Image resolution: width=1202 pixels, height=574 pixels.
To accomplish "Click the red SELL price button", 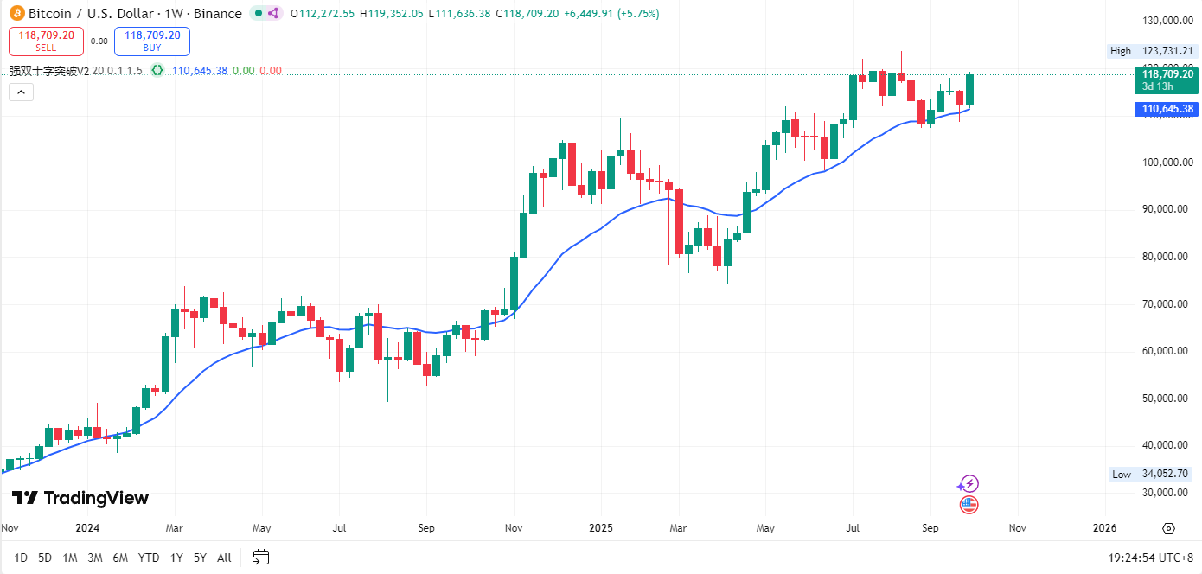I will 46,41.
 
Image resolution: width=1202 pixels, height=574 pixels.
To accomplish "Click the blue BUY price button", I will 152,41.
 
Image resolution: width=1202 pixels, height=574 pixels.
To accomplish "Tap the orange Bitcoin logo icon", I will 16,13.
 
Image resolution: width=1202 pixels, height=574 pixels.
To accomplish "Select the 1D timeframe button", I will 21,558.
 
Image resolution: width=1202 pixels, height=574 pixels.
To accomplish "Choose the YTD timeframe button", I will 149,558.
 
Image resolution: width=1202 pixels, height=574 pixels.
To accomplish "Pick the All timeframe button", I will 224,558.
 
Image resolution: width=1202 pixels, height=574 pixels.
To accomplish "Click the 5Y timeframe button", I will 200,558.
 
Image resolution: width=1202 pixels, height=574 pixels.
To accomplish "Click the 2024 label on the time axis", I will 87,527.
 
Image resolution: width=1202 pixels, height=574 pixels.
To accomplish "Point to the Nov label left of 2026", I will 1017,527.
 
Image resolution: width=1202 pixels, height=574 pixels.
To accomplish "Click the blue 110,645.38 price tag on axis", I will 1167,109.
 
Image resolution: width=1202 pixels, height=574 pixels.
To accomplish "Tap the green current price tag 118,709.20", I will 1167,74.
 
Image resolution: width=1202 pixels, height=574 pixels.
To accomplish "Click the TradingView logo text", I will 81,498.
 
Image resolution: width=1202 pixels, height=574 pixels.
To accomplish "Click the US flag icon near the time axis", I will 969,505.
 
